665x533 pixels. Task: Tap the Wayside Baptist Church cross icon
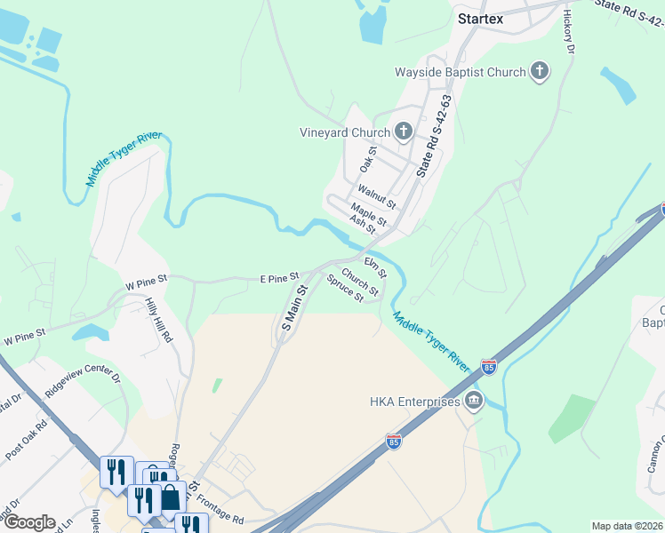[x=539, y=72]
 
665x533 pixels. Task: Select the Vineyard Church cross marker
[x=404, y=132]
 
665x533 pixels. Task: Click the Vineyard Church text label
[x=345, y=132]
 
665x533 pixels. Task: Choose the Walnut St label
[x=377, y=197]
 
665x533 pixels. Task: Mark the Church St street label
[x=360, y=282]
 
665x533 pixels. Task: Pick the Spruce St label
[x=345, y=290]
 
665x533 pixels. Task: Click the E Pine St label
[x=277, y=279]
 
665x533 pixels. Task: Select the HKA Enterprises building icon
[x=474, y=402]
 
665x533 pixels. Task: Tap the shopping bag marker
[x=169, y=497]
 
